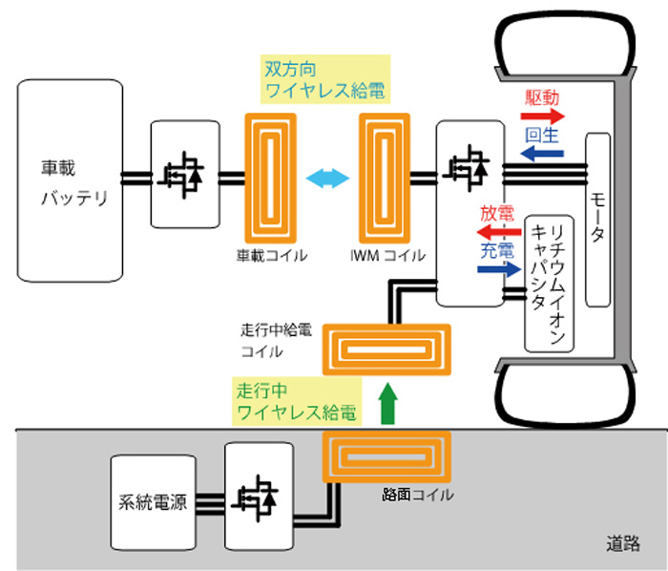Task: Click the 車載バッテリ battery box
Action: point(71,180)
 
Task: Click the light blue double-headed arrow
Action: point(326,178)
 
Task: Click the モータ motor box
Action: point(597,221)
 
